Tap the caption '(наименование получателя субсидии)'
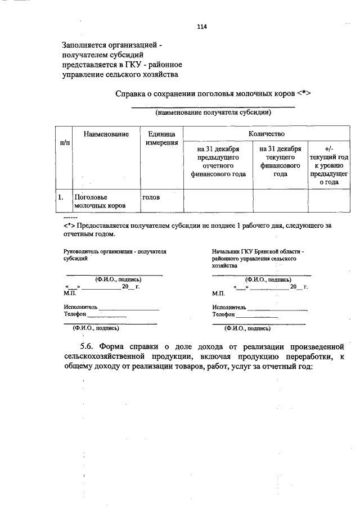[x=213, y=112]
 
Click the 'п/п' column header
[x=65, y=143]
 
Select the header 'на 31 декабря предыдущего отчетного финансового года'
[x=218, y=161]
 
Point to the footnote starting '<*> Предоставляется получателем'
[x=197, y=229]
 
